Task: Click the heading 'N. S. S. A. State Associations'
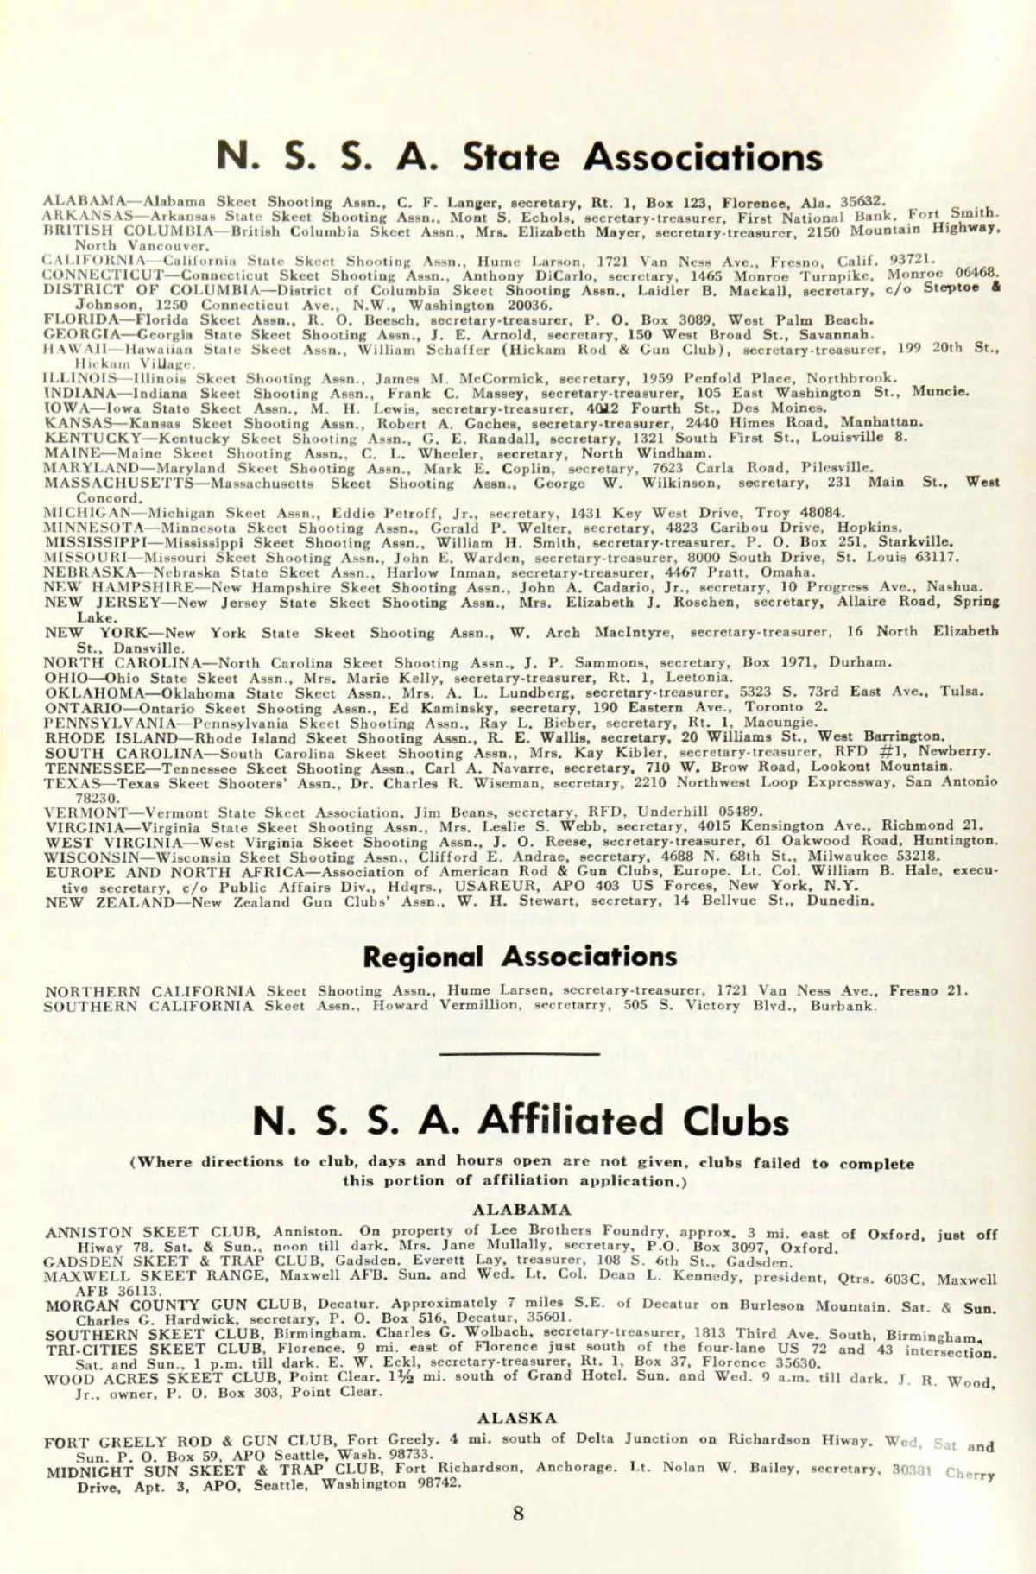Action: click(519, 157)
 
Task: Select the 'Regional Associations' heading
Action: click(519, 957)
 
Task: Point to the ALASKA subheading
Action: click(517, 1418)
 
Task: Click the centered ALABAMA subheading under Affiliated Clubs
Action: click(521, 1210)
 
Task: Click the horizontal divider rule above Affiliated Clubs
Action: click(519, 1054)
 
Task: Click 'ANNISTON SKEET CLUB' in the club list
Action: click(152, 1232)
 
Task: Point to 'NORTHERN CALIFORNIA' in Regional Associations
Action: click(150, 991)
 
